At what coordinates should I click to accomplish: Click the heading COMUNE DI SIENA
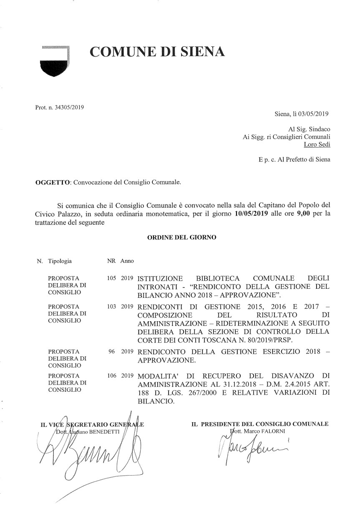pos(158,52)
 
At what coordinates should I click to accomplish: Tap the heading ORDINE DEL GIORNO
pos(182,237)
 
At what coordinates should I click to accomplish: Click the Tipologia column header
pos(60,262)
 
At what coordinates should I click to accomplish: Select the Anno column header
pos(127,262)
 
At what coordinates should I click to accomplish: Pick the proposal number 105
pos(111,277)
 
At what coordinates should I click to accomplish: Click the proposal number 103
pos(111,307)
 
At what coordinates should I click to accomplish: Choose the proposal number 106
pos(111,375)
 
